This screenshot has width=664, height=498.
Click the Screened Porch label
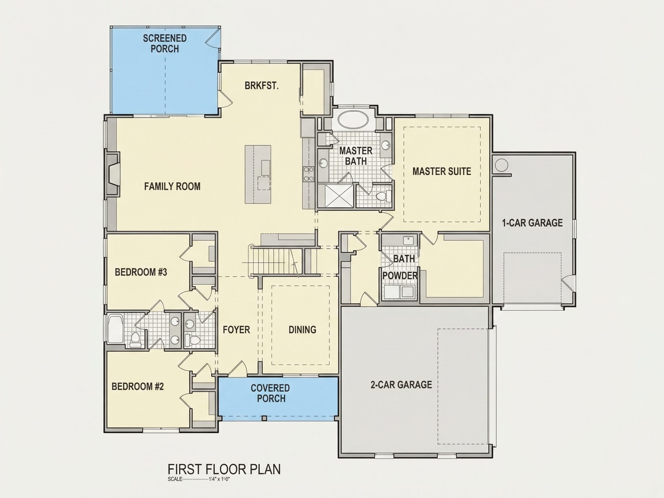point(165,44)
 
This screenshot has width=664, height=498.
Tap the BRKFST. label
point(261,86)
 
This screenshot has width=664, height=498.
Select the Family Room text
point(172,186)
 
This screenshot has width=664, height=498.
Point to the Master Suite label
point(442,171)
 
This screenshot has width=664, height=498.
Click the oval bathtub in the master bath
point(353,120)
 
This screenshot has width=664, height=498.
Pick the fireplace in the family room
point(113,174)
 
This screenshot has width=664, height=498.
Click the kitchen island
point(258,174)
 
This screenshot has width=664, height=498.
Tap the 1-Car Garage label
point(532,223)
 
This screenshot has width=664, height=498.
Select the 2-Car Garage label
point(401,384)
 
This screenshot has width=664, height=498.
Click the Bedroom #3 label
point(141,272)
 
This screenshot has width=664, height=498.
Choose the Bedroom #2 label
point(138,386)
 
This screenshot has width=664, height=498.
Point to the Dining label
point(302,330)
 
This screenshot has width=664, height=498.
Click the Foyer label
point(236,330)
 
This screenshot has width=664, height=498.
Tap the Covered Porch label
point(270,393)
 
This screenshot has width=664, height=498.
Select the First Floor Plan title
point(224,469)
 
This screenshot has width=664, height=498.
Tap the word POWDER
point(400,276)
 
